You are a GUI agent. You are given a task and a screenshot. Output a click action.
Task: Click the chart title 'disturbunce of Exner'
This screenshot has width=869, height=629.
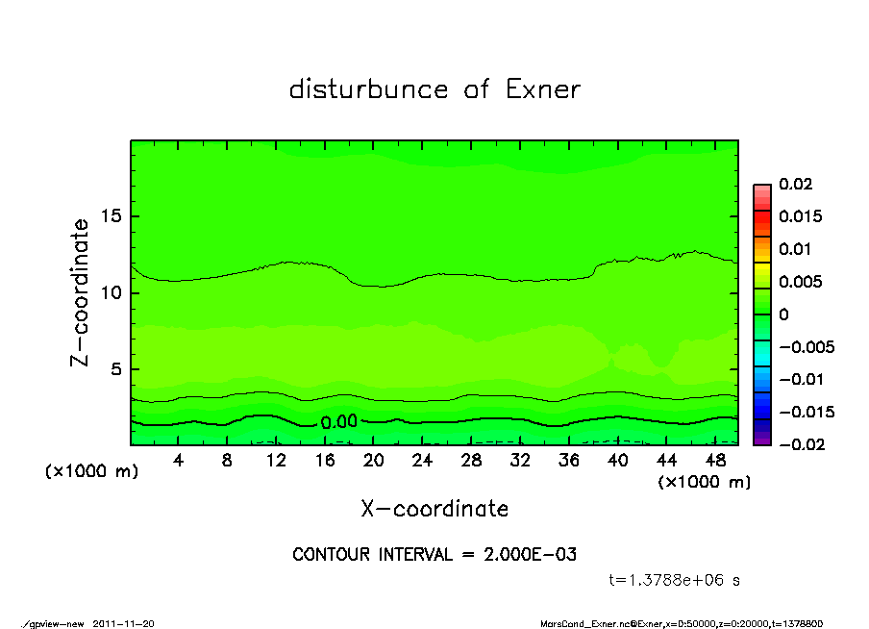(434, 89)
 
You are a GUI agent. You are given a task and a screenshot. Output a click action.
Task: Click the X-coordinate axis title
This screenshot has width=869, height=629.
(434, 509)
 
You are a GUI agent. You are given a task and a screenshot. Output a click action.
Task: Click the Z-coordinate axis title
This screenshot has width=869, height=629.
(81, 292)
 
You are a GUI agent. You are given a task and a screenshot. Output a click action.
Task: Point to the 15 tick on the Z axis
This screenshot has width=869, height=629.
(112, 216)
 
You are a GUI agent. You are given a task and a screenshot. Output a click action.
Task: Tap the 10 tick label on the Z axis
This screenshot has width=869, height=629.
(112, 292)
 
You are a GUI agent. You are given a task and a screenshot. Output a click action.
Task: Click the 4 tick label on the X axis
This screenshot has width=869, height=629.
(179, 461)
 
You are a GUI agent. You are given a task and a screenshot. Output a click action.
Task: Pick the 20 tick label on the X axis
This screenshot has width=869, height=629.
(373, 461)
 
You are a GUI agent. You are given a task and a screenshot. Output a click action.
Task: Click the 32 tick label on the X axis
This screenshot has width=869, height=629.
(519, 461)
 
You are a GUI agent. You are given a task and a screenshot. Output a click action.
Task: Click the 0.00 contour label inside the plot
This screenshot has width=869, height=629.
(338, 422)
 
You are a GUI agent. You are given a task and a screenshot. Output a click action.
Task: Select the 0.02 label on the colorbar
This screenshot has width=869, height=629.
(795, 184)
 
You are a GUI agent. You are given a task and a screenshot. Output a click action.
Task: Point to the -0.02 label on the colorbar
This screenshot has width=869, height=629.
(799, 443)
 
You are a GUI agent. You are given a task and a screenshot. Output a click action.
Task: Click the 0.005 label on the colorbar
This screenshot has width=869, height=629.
(800, 282)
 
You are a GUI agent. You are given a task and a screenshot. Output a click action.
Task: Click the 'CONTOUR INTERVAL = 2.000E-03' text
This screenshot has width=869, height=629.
(434, 555)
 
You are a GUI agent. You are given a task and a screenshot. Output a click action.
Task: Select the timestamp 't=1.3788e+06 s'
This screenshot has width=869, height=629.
(674, 580)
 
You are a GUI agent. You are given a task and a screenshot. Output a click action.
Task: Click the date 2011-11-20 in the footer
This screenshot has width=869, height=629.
(123, 623)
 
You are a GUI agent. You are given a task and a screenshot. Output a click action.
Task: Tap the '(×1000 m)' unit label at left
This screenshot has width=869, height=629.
(91, 472)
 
